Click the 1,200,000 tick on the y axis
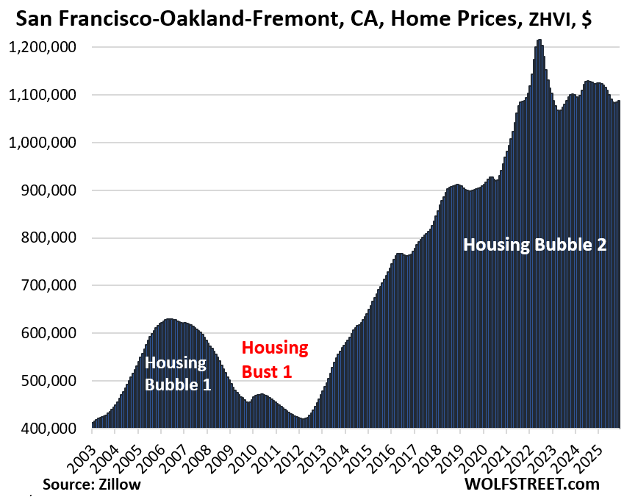tap(44, 48)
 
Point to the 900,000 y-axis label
tap(50, 190)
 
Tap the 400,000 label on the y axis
tap(50, 429)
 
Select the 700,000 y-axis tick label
tap(50, 286)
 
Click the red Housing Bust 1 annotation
tap(275, 360)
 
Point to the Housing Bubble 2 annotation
tap(534, 246)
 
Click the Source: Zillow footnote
tap(92, 485)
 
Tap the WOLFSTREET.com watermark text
tap(531, 484)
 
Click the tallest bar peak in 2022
tap(539, 41)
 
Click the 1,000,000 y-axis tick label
tap(44, 143)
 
